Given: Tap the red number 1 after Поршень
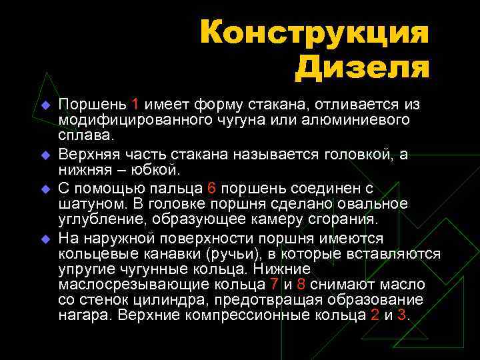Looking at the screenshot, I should point(135,104).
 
